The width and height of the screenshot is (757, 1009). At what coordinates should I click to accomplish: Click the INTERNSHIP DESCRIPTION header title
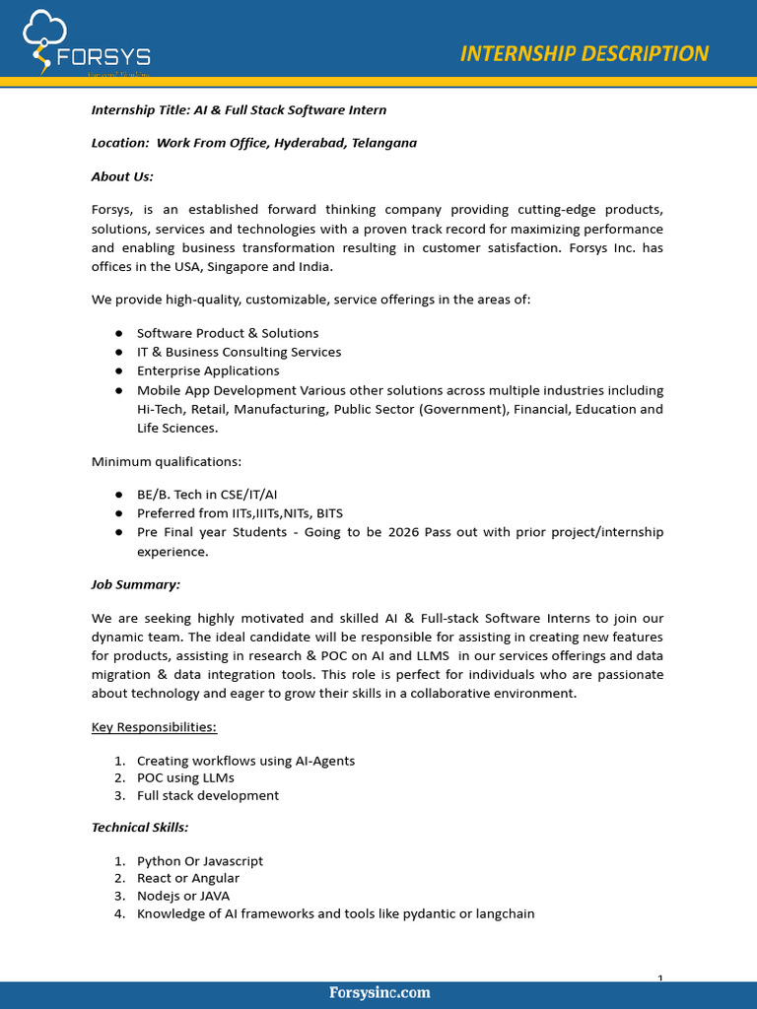(584, 53)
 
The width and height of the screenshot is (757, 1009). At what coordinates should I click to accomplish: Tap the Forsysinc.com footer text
(379, 992)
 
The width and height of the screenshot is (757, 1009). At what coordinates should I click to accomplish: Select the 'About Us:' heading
(122, 176)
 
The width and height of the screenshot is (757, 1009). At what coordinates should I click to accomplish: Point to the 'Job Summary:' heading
(136, 584)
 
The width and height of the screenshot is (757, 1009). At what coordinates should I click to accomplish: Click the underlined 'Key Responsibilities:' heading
(154, 727)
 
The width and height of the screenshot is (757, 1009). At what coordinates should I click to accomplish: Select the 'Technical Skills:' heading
(140, 828)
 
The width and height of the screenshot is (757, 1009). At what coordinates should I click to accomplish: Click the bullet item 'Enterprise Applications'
(208, 371)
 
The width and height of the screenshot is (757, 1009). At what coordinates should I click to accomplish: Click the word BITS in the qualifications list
(329, 513)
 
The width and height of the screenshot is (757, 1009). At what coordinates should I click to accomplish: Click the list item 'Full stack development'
(207, 796)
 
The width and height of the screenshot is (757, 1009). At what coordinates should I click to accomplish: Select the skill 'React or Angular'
(187, 879)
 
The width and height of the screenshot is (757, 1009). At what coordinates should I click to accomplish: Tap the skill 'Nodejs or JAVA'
(183, 897)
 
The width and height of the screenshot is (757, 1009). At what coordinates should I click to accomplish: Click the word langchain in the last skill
(504, 914)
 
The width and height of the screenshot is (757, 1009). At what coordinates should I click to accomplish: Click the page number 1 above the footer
(659, 977)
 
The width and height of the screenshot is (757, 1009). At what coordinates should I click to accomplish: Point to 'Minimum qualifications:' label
(166, 461)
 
